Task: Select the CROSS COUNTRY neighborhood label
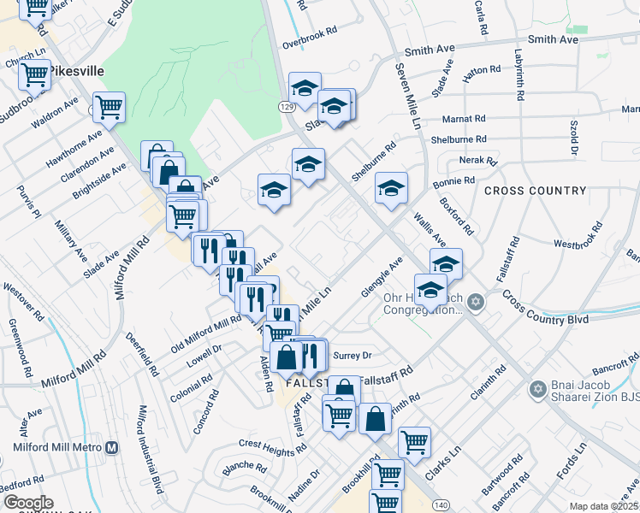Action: click(x=535, y=191)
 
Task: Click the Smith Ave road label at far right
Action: click(x=554, y=39)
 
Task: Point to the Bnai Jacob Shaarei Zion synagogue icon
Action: click(x=538, y=390)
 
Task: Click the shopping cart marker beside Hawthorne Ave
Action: click(x=109, y=108)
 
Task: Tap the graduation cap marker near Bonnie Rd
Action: click(x=390, y=188)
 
